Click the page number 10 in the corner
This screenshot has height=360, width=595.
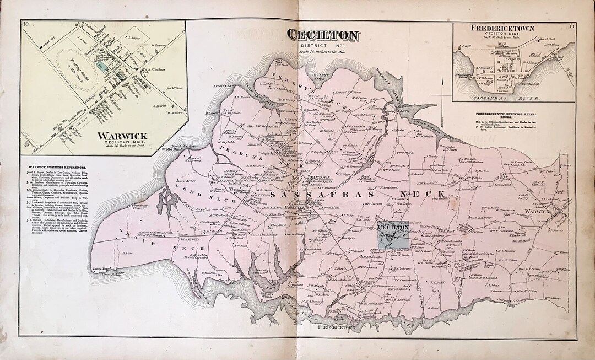tap(25, 23)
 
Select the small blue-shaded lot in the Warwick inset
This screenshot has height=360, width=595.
tap(99, 65)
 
